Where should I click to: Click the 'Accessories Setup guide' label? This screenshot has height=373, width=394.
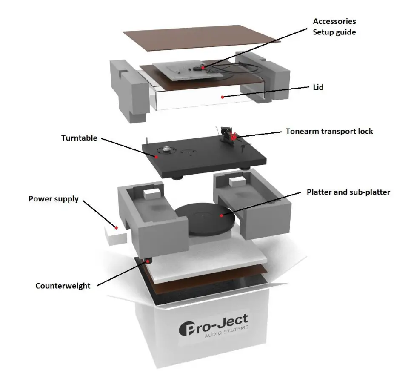[334, 26]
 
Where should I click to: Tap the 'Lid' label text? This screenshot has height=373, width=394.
[318, 87]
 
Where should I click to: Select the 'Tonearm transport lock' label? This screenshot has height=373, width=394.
[329, 131]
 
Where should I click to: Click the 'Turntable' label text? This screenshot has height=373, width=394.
[79, 138]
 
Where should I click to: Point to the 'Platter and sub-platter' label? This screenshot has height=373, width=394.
[348, 192]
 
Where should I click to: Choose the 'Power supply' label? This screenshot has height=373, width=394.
[54, 199]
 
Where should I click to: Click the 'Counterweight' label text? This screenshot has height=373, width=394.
[63, 286]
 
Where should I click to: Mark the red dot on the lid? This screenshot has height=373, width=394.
[222, 97]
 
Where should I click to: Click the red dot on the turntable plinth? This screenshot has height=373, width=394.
[157, 157]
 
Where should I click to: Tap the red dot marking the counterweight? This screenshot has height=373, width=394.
[147, 261]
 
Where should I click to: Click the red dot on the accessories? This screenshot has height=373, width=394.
[204, 67]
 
